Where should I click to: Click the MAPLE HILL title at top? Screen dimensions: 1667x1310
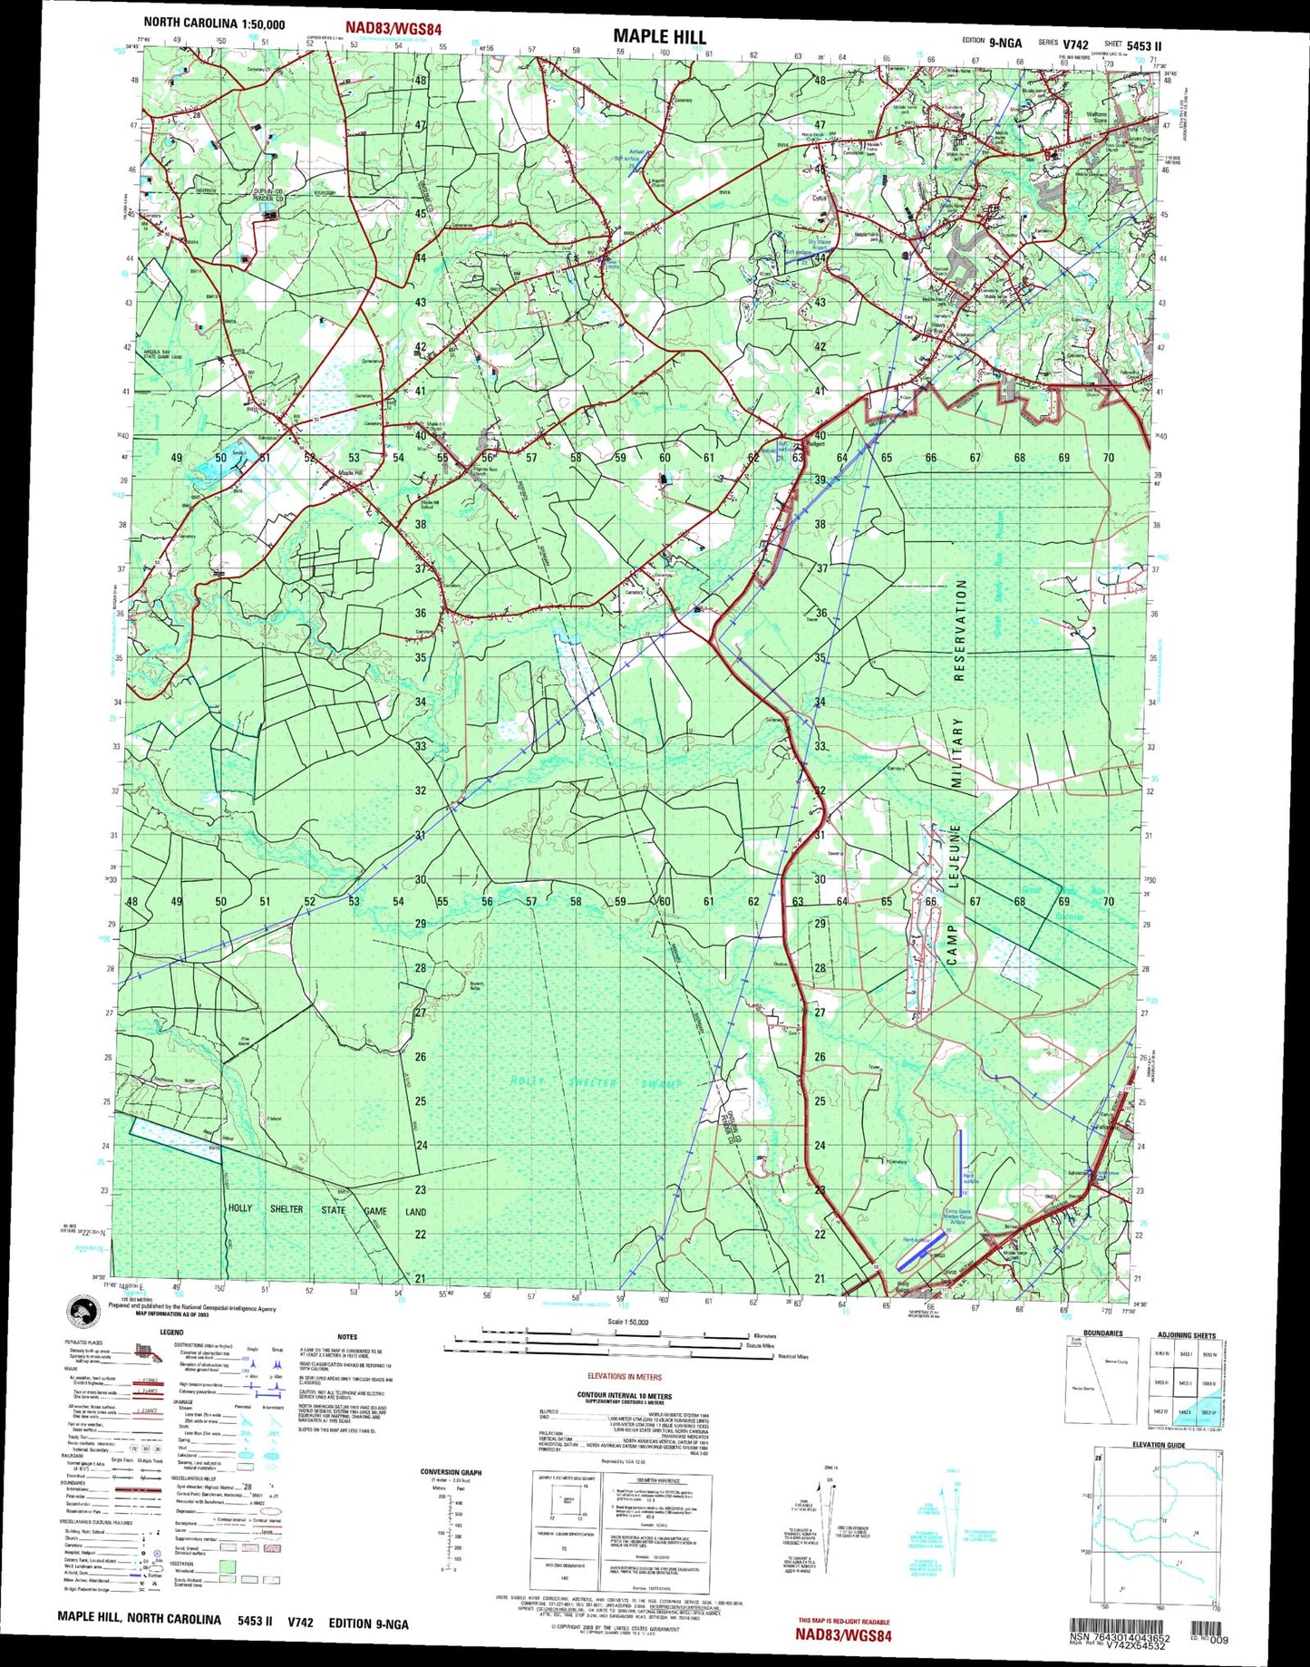coord(658,36)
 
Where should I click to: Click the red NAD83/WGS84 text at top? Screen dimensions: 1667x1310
coord(393,30)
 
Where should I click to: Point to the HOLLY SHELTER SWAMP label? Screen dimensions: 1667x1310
coord(596,1082)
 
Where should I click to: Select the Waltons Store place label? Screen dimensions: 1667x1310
coord(1096,117)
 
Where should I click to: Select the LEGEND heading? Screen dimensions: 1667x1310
coord(171,1333)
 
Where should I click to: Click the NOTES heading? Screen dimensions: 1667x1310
coord(347,1336)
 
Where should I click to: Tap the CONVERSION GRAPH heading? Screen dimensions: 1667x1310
coord(451,1472)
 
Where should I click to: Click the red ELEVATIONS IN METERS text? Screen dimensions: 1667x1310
coord(625,1376)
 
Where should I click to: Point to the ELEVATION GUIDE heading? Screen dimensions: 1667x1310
coord(1159,1444)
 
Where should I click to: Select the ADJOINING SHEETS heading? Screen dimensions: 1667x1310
coord(1186,1335)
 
